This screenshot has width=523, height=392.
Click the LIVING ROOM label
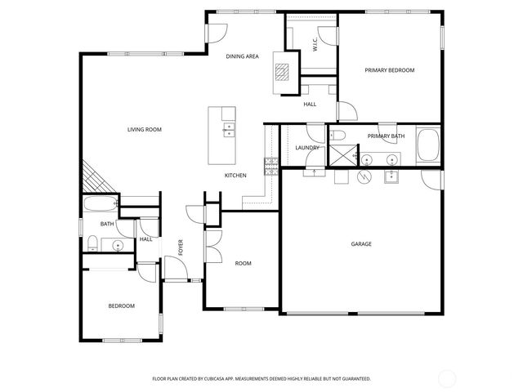pos(144,129)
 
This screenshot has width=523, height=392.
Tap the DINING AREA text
pos(243,56)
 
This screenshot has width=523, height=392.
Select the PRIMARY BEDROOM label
pos(389,70)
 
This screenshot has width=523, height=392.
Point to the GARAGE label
pos(361,243)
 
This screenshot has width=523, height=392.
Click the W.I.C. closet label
pos(315,46)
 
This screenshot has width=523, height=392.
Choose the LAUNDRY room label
pos(307,148)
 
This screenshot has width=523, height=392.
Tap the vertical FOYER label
pos(181,247)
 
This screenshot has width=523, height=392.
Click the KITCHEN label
pos(236,176)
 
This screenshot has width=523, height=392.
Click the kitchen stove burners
pos(269,167)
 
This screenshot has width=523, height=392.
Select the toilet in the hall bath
pos(92,243)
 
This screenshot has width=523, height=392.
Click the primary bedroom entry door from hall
pos(345,113)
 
